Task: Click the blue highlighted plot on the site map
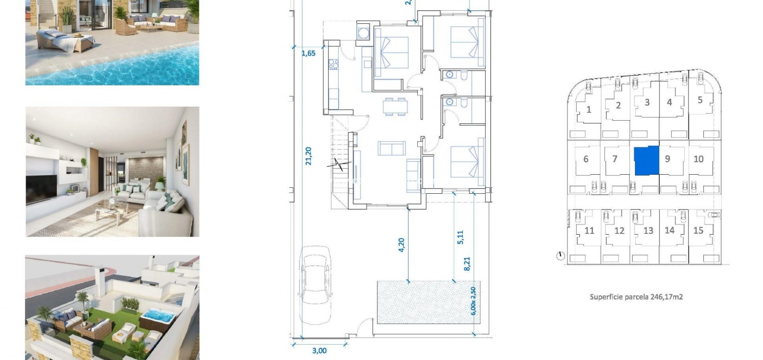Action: pyautogui.click(x=647, y=160)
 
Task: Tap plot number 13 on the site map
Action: pyautogui.click(x=648, y=231)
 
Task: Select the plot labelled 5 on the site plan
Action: pyautogui.click(x=700, y=100)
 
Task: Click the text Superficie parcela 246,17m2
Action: pyautogui.click(x=636, y=297)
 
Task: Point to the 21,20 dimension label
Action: pyautogui.click(x=308, y=156)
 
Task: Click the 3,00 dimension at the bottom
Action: pyautogui.click(x=319, y=351)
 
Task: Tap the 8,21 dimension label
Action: pyautogui.click(x=467, y=264)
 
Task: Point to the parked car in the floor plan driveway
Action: pyautogui.click(x=316, y=284)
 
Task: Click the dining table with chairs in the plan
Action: pyautogui.click(x=395, y=106)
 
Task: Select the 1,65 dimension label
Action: pyautogui.click(x=308, y=53)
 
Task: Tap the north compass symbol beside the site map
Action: pyautogui.click(x=560, y=256)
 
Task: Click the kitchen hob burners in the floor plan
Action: pyautogui.click(x=334, y=64)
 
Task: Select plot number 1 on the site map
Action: pyautogui.click(x=589, y=109)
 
